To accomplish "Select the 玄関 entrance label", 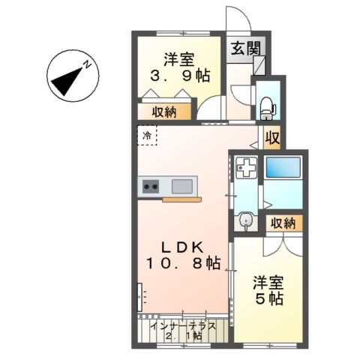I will click(x=245, y=49).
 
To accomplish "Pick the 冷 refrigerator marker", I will click(x=147, y=136).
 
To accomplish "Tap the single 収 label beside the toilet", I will click(x=272, y=138).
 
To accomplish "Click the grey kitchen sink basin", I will click(x=182, y=186).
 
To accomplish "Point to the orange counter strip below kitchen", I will click(x=182, y=199).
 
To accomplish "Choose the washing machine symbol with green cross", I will click(x=245, y=167).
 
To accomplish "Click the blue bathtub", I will click(x=282, y=167).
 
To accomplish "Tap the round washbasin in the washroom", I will click(x=245, y=221).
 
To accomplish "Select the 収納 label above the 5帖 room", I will click(x=282, y=223).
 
